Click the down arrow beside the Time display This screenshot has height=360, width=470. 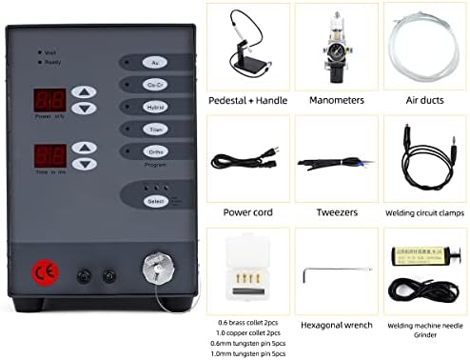[85, 163]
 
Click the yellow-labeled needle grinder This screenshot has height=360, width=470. [419, 257]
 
